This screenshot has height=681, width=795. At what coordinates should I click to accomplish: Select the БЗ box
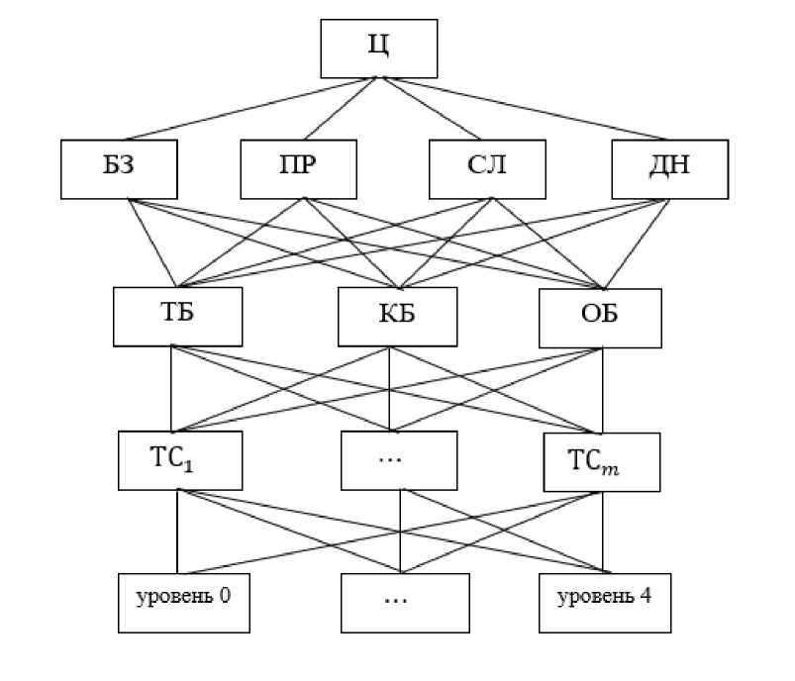[x=119, y=168]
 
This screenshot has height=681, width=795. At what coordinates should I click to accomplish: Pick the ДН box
[x=669, y=168]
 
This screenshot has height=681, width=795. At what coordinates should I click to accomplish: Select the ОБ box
[x=599, y=316]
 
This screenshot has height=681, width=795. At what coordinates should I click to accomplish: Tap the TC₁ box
[x=178, y=461]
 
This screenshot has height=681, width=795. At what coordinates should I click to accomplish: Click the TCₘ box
[x=601, y=461]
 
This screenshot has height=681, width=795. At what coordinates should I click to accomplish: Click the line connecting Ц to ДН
[x=525, y=108]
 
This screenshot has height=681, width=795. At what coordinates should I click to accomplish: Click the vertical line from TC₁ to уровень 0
[x=177, y=532]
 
